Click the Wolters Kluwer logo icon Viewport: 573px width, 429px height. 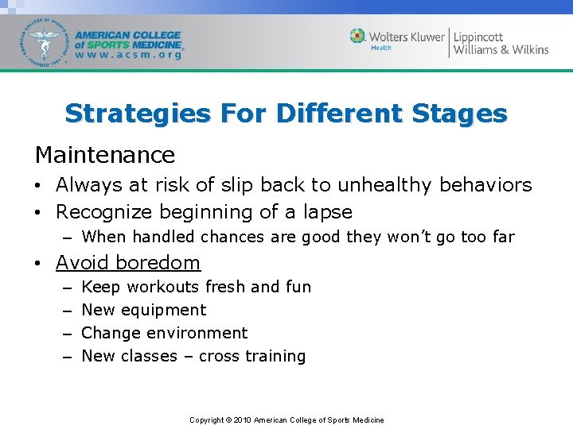358,36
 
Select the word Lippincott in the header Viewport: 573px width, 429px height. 478,36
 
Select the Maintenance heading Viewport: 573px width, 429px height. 104,154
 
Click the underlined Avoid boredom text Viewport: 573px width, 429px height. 127,262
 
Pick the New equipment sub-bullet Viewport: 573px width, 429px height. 143,310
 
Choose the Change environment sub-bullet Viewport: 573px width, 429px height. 164,333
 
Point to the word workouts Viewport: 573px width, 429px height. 163,287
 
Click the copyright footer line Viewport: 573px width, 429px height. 286,419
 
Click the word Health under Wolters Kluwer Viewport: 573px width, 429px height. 381,48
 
